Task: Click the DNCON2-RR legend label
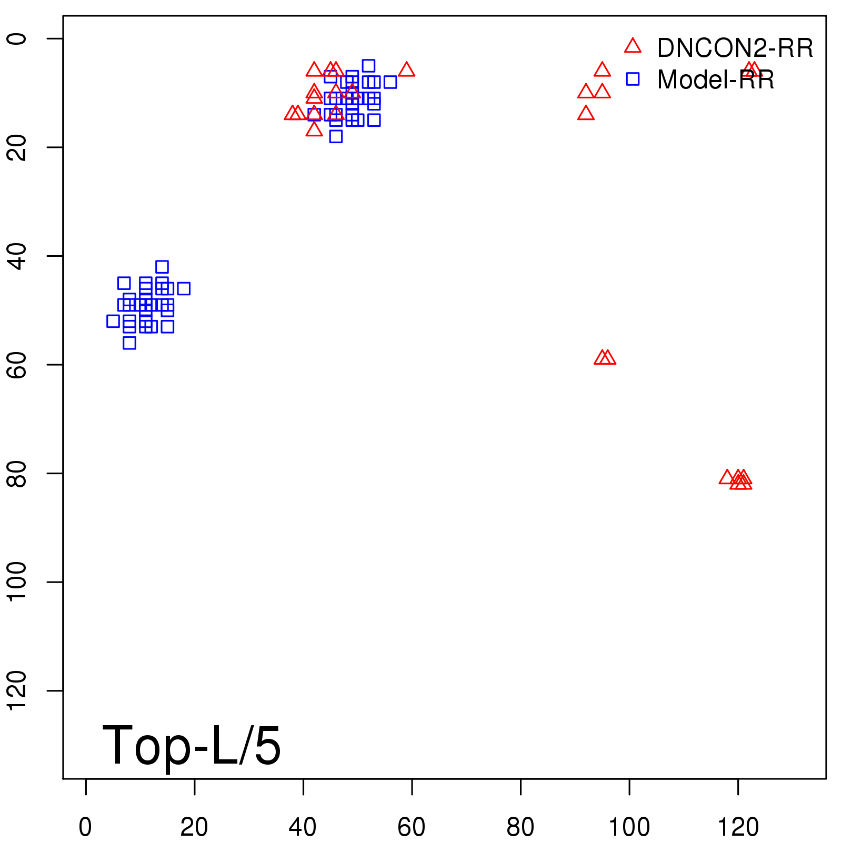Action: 735,48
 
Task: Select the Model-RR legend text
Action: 715,80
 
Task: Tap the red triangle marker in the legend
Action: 633,46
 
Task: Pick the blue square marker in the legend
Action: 633,79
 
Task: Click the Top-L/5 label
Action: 192,745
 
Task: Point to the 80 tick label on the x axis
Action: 520,828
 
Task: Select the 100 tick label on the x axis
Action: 629,828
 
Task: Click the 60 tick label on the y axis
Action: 17,364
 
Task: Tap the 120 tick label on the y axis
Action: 17,690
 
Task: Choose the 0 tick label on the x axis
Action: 85,828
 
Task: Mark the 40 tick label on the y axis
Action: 17,256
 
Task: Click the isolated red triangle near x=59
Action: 406,69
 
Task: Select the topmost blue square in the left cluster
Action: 162,267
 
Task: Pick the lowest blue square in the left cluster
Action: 129,343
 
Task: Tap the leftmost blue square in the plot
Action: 113,321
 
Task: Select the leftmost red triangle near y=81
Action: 727,477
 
